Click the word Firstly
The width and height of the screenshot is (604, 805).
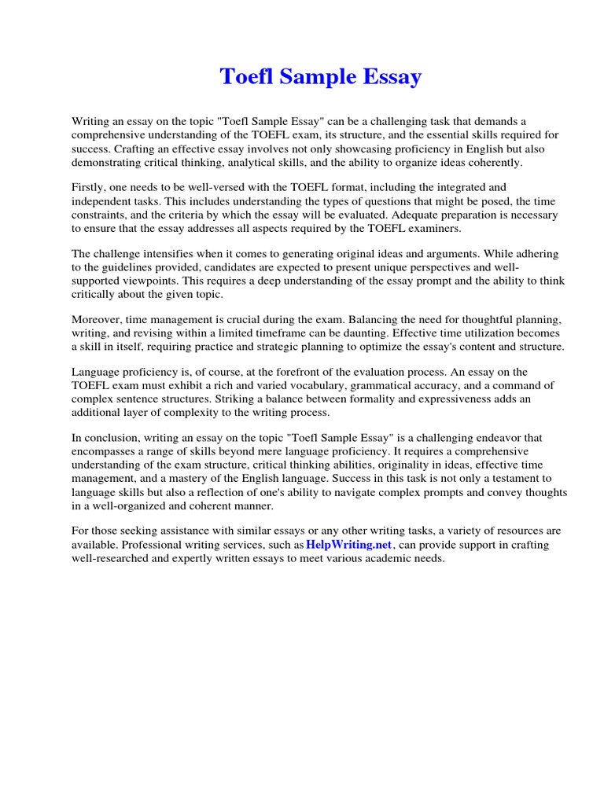(90, 188)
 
